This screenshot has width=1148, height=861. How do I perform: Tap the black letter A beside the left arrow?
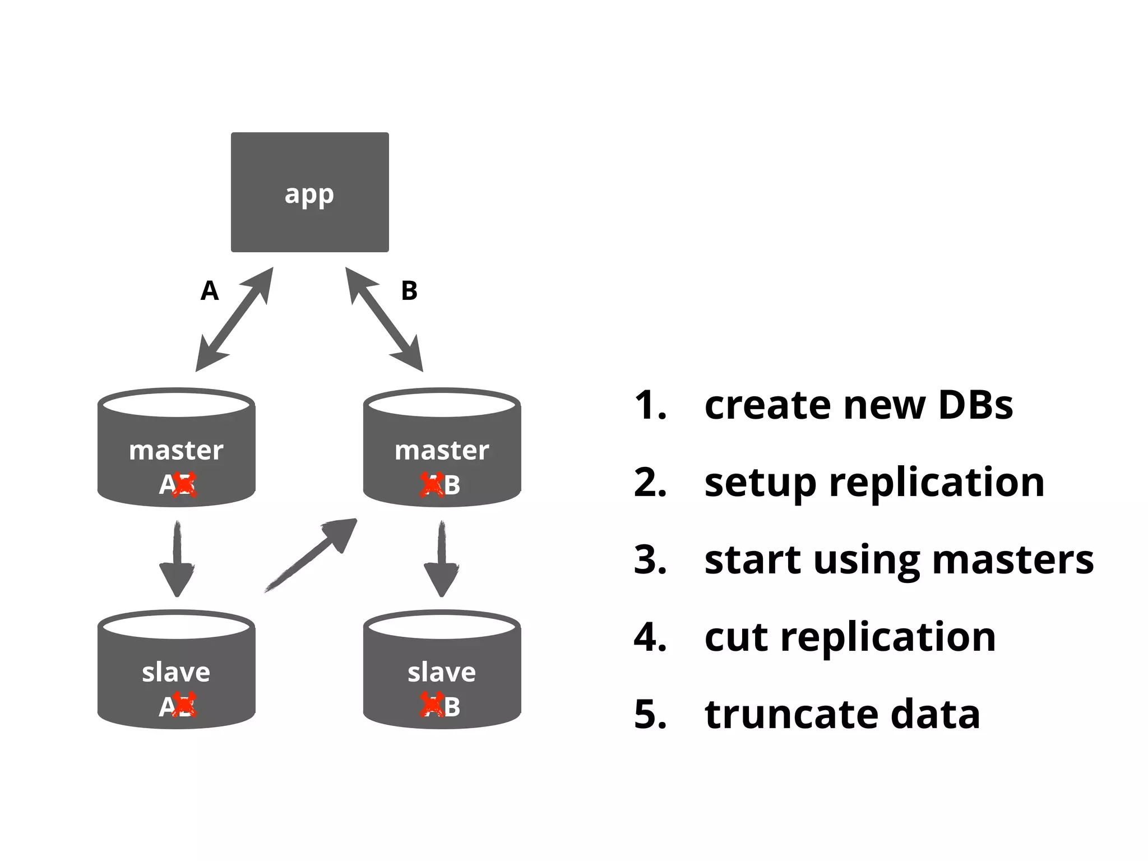pos(210,291)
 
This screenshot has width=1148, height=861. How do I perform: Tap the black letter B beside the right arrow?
pos(409,291)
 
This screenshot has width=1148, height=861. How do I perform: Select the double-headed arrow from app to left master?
pos(234,319)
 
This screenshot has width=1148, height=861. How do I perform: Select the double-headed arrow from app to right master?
pos(384,319)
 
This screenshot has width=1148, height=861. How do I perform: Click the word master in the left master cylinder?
pos(176,451)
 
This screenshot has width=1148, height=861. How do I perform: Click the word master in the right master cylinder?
pos(442,451)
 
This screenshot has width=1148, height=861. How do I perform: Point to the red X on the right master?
pos(432,485)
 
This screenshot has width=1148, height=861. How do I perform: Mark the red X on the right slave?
pos(432,706)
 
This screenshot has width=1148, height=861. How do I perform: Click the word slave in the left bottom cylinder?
pos(176,672)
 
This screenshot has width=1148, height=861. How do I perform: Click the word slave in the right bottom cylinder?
pos(442,672)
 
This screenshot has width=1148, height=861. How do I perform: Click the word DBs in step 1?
pos(975,405)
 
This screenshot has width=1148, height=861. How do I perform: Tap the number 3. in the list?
pos(650,559)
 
